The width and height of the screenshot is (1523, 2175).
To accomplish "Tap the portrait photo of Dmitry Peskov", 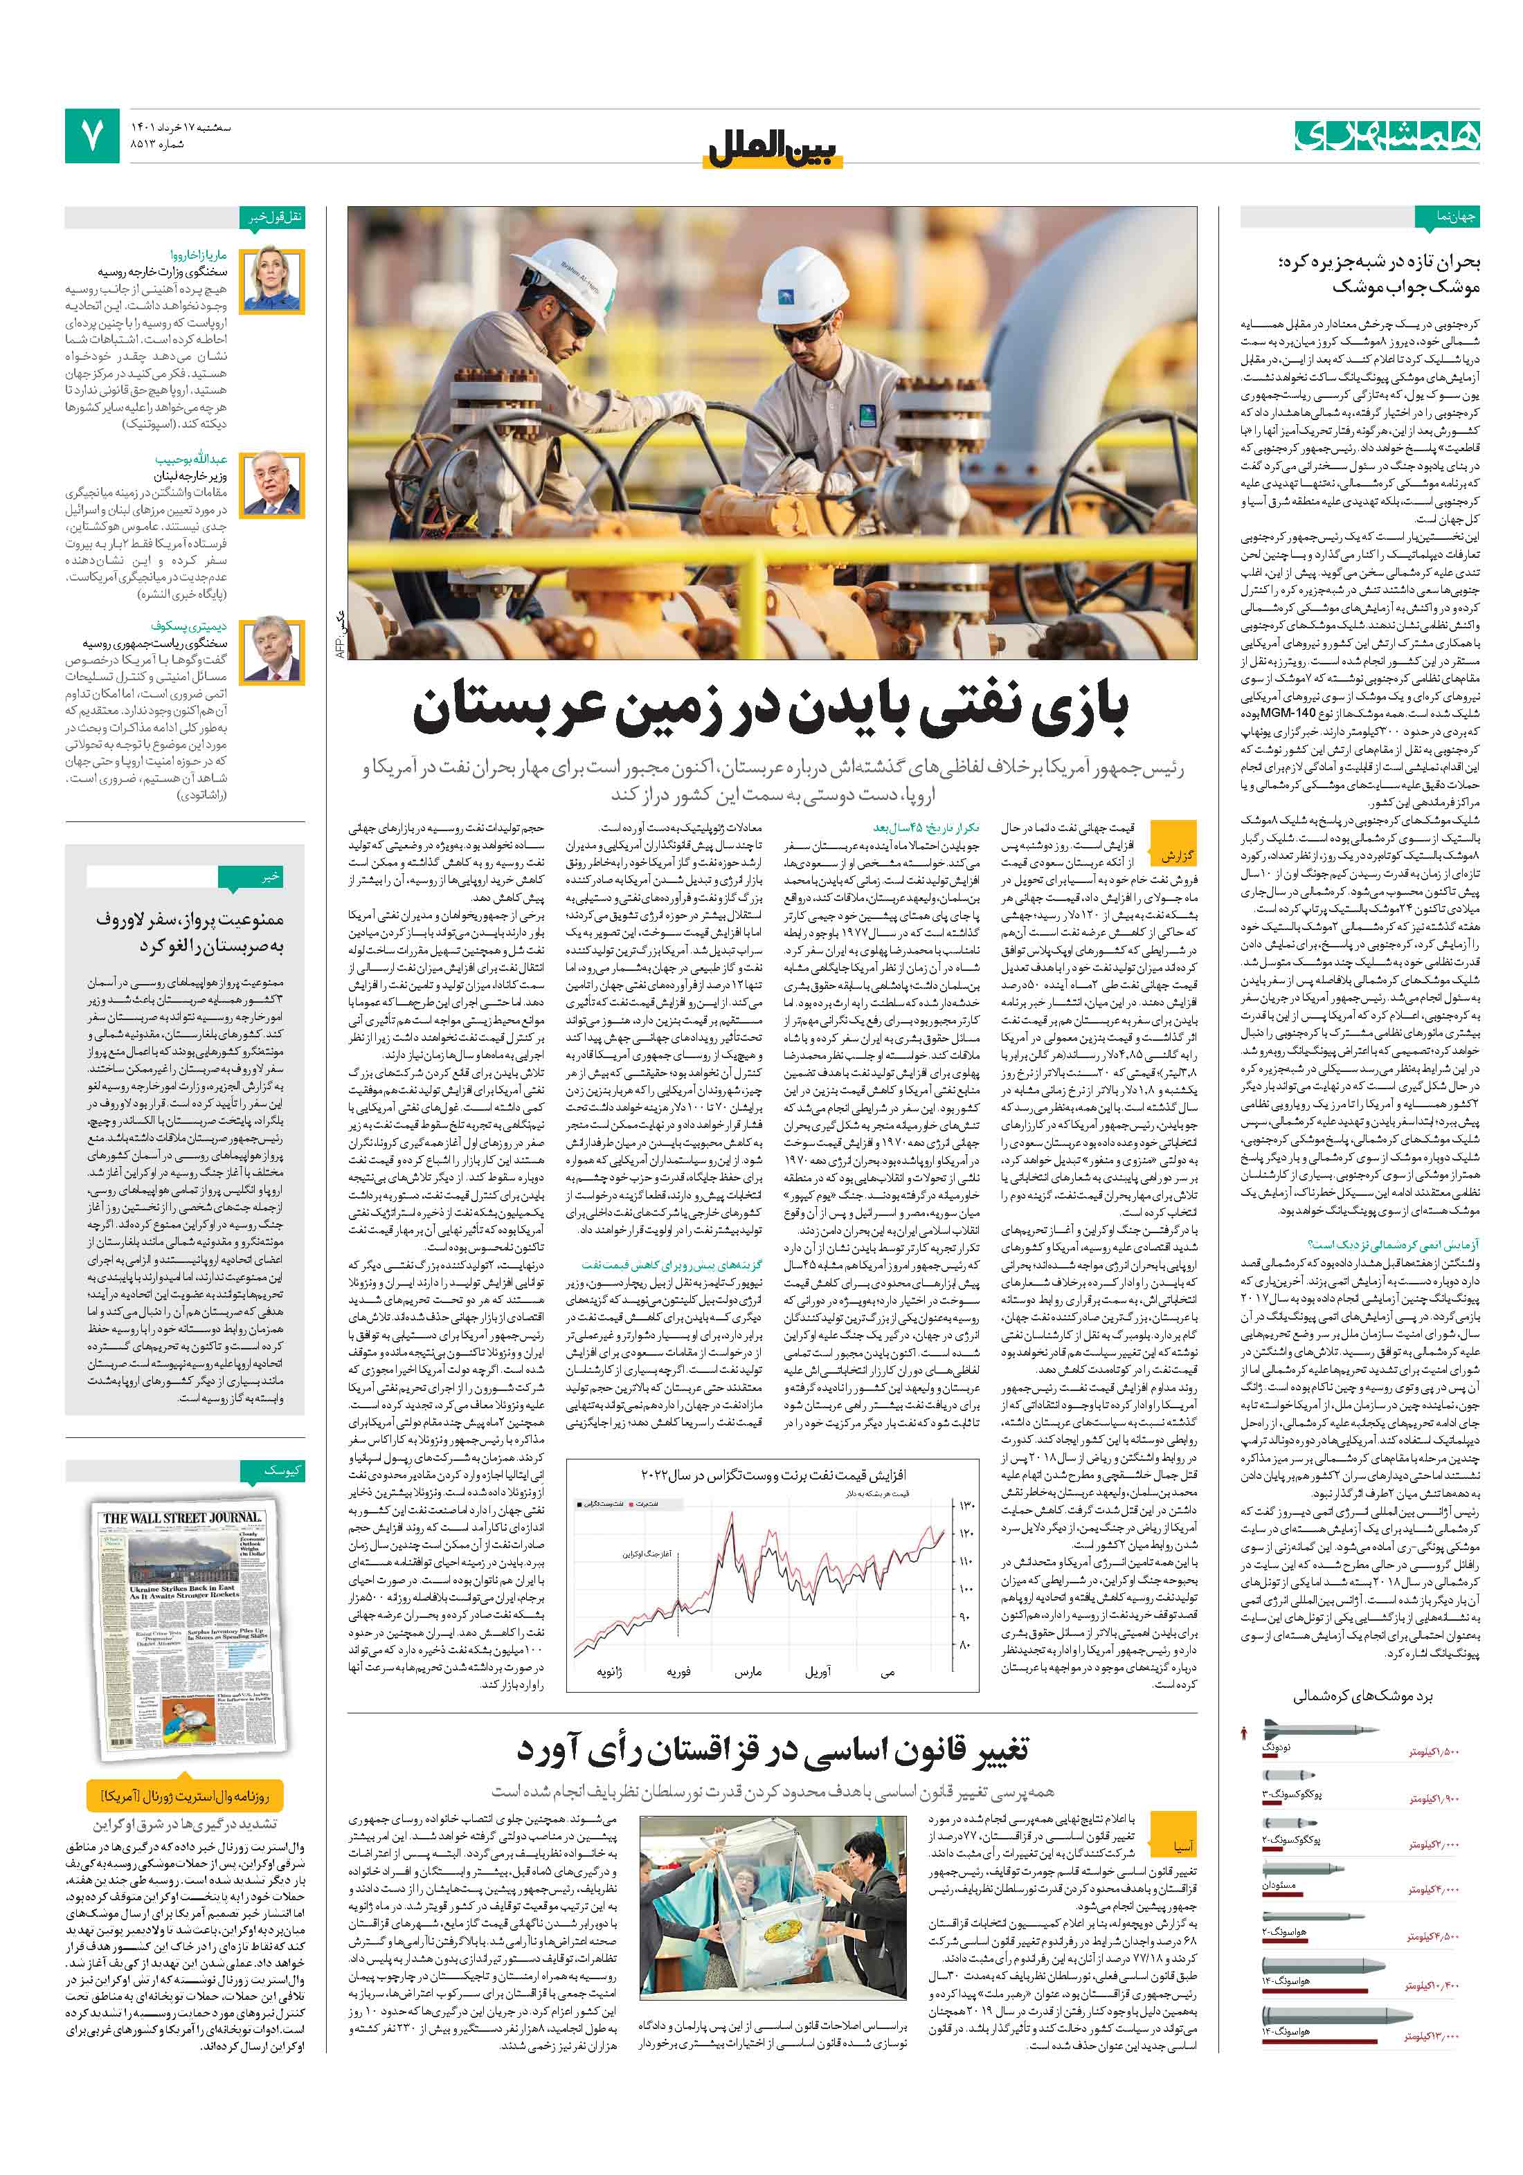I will click(x=272, y=650).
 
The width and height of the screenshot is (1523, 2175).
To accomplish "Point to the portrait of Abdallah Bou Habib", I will click(x=272, y=483).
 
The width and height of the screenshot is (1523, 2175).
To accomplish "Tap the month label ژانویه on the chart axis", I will click(x=609, y=1672).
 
